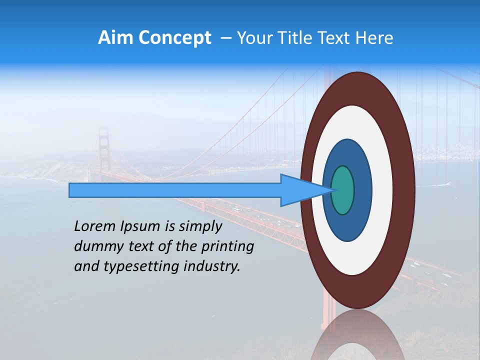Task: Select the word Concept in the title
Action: [x=174, y=38]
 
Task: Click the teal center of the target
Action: [x=343, y=190]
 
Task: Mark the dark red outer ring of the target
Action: [x=403, y=190]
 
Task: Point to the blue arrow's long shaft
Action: [x=175, y=190]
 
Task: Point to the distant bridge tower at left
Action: [x=103, y=150]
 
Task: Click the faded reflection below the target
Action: [x=357, y=335]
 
